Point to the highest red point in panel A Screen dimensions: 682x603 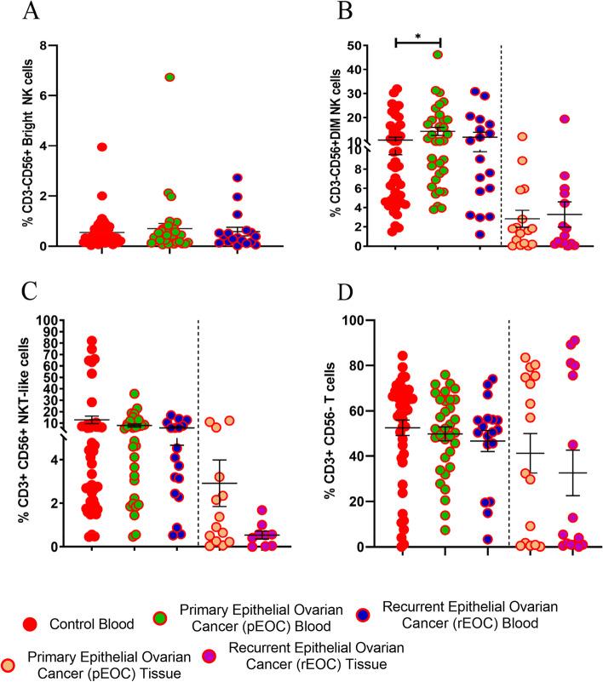coord(101,146)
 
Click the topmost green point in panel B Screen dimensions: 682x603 coord(439,54)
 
